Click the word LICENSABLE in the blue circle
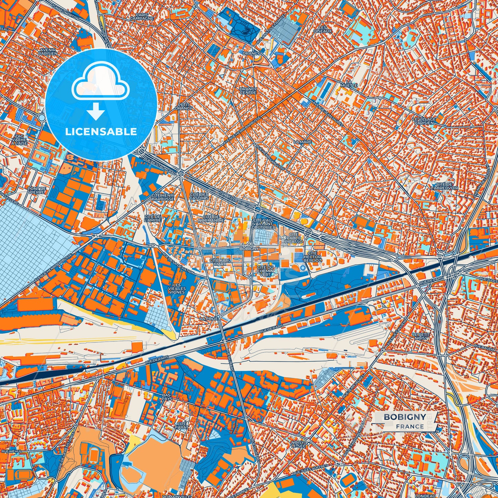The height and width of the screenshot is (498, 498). (x=101, y=132)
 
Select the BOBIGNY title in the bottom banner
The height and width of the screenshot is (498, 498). (x=405, y=417)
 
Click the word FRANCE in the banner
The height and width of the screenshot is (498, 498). (x=410, y=427)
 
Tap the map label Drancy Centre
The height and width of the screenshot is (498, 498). (x=248, y=91)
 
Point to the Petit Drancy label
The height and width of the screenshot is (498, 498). (x=184, y=106)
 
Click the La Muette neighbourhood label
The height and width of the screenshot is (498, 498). (x=348, y=83)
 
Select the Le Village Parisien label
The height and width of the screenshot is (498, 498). (x=424, y=121)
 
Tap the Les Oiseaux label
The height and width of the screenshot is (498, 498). (x=322, y=29)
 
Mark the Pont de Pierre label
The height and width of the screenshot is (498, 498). (x=37, y=191)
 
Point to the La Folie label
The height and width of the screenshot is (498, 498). (x=209, y=319)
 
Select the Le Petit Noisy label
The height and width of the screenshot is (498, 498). (x=421, y=336)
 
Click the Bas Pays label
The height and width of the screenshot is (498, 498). (x=166, y=397)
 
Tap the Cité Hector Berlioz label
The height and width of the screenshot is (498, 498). (x=312, y=257)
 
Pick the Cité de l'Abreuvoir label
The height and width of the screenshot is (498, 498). (x=444, y=186)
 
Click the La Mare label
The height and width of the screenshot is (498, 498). (x=302, y=142)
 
